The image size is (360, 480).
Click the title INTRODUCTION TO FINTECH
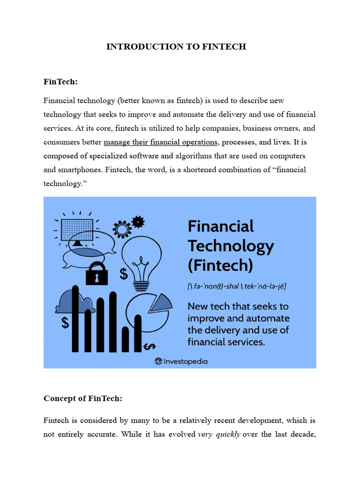coord(176,46)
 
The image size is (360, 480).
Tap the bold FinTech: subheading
coord(60,82)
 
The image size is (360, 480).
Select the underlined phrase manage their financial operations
coord(161,142)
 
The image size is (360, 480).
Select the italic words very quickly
coord(219,434)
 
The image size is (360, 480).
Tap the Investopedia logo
coord(181,361)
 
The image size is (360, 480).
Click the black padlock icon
coord(97,273)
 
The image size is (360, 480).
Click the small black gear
coord(138,221)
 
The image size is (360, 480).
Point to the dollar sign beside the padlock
coord(124,274)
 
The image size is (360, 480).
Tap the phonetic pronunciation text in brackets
coord(237,286)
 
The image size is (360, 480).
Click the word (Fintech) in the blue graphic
coord(220,265)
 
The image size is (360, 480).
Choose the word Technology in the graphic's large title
coord(231,246)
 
